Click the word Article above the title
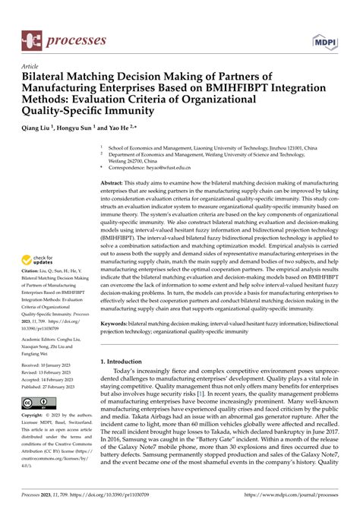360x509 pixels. point(30,66)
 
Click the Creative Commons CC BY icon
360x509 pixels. point(36,401)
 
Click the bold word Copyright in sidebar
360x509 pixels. point(33,416)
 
